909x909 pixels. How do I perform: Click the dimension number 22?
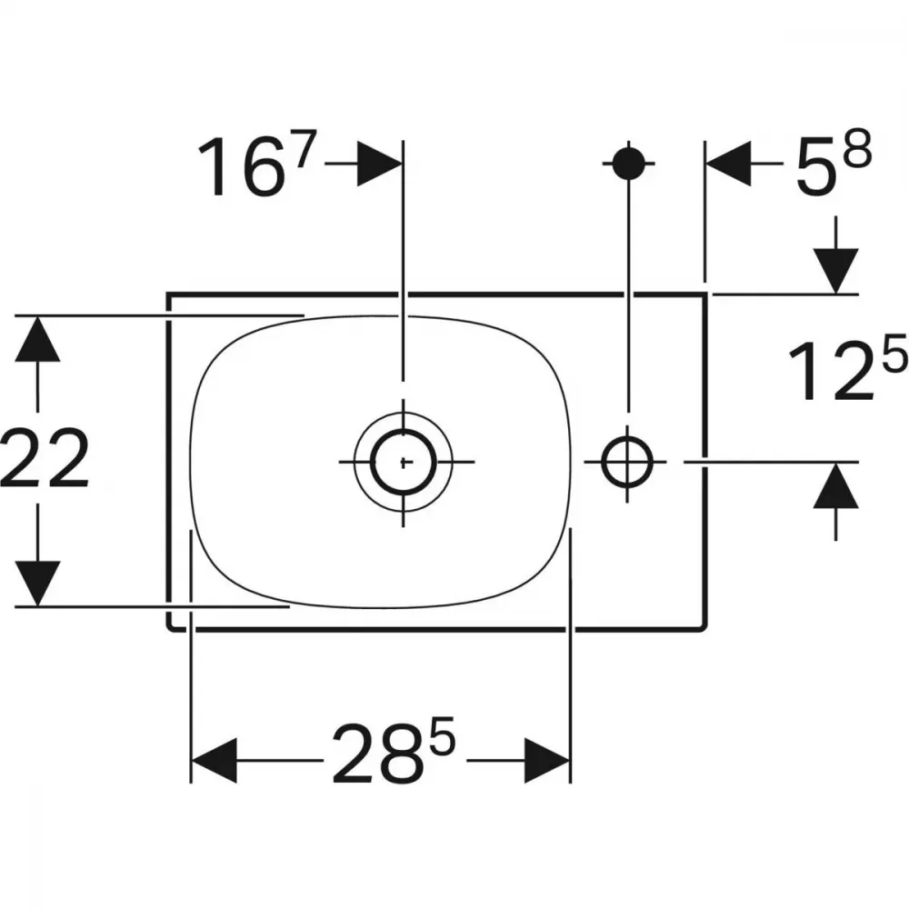(x=45, y=458)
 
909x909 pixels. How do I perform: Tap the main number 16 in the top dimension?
(x=241, y=167)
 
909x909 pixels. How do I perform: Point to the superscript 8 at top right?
(x=857, y=149)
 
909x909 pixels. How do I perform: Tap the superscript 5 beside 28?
(x=442, y=734)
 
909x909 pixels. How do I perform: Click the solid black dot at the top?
(x=628, y=164)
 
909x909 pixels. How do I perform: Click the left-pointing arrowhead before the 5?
(x=728, y=164)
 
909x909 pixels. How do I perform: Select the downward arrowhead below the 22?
(x=37, y=584)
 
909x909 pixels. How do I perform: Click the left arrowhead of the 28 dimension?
(x=214, y=761)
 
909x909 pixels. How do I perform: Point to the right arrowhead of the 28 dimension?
(x=547, y=761)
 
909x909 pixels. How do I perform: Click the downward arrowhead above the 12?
(x=835, y=271)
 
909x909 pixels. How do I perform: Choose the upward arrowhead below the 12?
(x=835, y=485)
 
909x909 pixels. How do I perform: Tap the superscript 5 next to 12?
(x=894, y=353)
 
